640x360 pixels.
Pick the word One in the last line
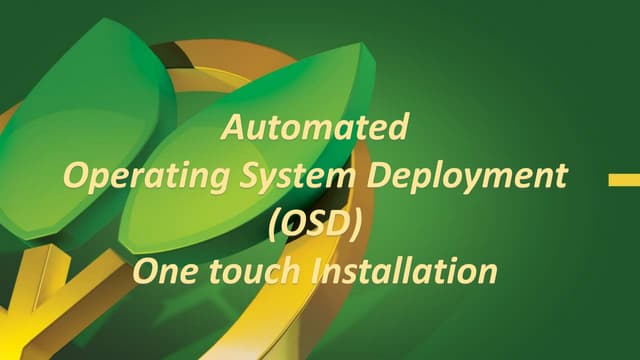[163, 269]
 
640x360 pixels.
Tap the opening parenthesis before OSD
[275, 224]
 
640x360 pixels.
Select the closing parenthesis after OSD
[353, 224]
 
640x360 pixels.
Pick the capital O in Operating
[75, 177]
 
